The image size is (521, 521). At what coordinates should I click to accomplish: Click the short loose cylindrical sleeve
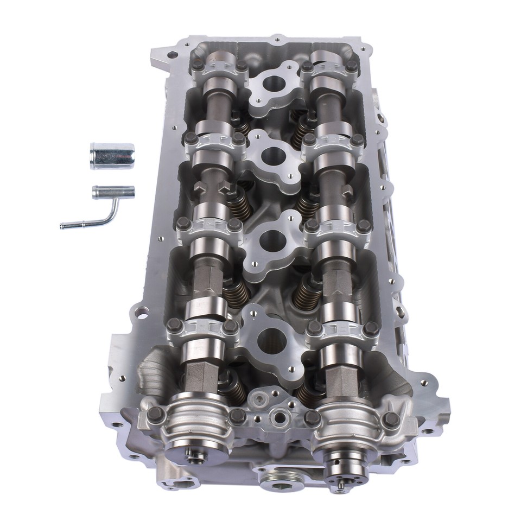[x=112, y=156]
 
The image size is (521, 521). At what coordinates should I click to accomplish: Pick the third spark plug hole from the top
[x=272, y=239]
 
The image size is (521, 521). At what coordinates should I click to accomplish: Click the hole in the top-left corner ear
[x=172, y=55]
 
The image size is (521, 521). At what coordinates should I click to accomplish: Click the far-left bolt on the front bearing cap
[x=156, y=415]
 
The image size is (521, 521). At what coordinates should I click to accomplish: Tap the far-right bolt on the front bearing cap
[x=391, y=418]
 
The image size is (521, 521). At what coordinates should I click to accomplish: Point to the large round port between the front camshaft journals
[x=280, y=417]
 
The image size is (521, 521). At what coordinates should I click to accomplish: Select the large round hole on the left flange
[x=142, y=313]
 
